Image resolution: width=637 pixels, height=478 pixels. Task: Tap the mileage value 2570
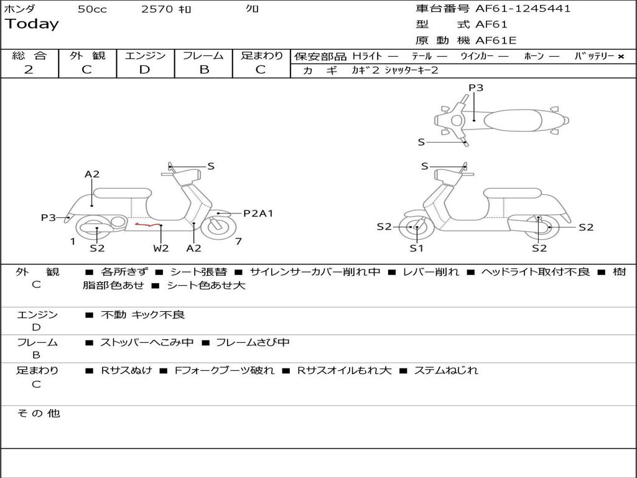(157, 9)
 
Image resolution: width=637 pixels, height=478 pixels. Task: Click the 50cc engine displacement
(91, 9)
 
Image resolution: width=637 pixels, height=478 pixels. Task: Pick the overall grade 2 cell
(29, 70)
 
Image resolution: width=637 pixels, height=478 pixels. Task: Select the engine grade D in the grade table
(145, 70)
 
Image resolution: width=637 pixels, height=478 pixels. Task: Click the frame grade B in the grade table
(204, 70)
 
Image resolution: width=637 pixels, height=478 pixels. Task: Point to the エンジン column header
(145, 56)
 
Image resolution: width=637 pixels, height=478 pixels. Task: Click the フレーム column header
(203, 56)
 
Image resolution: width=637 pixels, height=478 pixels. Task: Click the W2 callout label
(161, 248)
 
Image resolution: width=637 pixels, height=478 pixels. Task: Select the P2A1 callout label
(258, 213)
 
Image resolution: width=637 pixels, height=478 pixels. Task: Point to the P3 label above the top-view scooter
(476, 88)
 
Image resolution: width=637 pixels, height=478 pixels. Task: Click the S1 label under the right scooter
(416, 248)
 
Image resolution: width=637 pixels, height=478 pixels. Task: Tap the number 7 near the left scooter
(238, 241)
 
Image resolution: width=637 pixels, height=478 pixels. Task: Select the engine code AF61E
(496, 40)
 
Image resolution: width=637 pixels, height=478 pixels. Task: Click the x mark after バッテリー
(621, 57)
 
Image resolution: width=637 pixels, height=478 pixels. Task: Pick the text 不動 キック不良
(142, 315)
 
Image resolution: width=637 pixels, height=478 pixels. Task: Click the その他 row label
(38, 413)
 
